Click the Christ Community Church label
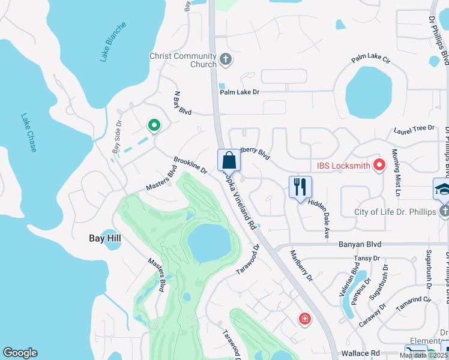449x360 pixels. point(183,60)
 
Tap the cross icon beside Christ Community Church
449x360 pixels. point(226,59)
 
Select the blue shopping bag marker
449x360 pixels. point(229,160)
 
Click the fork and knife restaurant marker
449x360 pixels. point(300,187)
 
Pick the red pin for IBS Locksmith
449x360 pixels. point(379,164)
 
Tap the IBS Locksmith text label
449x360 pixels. point(339,165)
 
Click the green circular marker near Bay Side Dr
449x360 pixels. point(154,125)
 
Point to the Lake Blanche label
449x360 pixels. point(113,42)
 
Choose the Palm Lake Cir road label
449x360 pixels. point(371,59)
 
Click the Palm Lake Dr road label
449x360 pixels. point(239,92)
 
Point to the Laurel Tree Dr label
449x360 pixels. point(414,128)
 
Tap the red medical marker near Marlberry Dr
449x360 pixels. point(305,318)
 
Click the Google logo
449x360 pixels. point(20,353)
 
